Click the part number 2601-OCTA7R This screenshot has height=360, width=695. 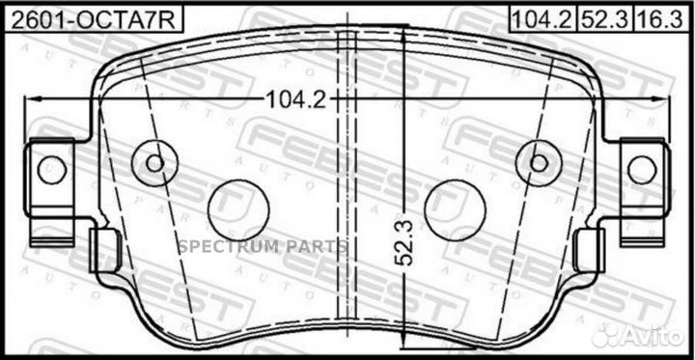(93, 16)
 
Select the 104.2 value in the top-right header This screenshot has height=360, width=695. (540, 16)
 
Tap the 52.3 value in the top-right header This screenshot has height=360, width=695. (597, 16)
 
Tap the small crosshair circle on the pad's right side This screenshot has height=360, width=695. (539, 159)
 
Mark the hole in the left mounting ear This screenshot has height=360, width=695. (50, 171)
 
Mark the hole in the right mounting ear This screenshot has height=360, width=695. (642, 171)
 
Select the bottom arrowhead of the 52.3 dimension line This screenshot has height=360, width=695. (402, 331)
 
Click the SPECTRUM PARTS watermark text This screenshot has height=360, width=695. (262, 246)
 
